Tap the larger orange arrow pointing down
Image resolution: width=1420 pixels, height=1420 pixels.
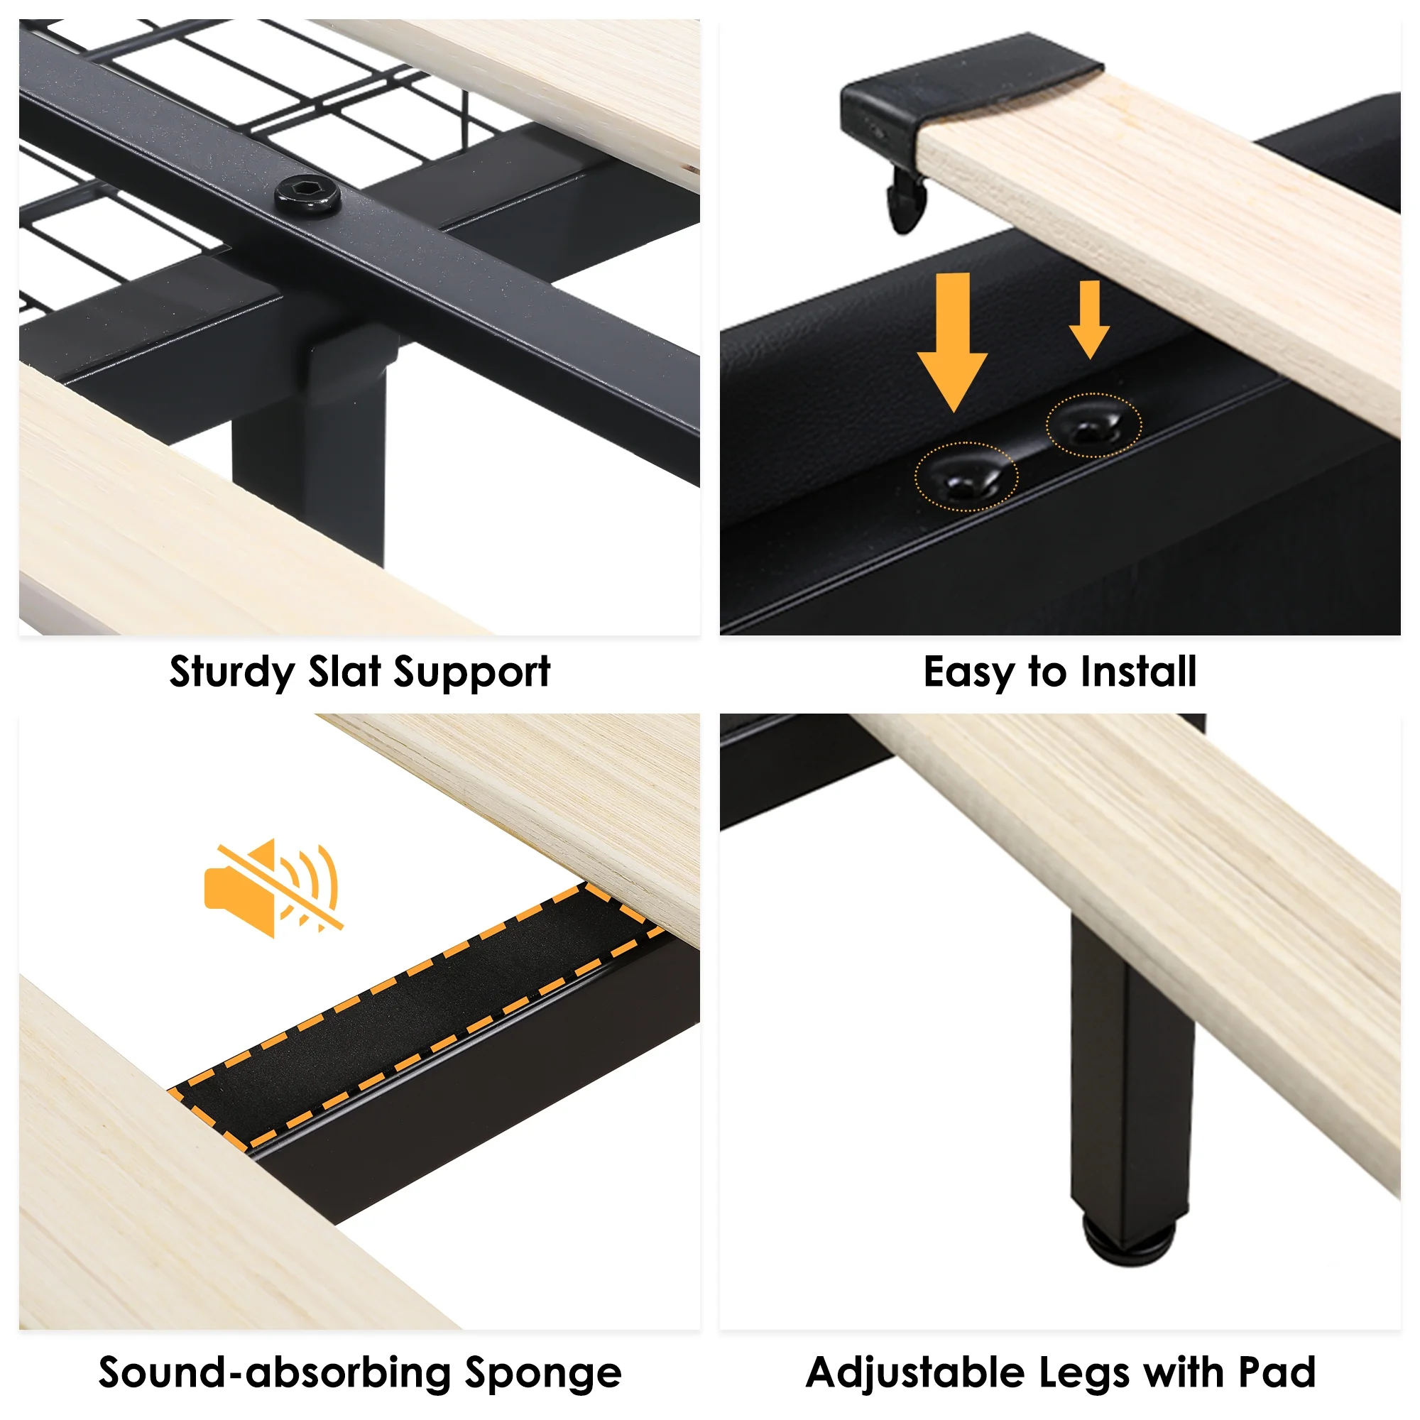tap(954, 342)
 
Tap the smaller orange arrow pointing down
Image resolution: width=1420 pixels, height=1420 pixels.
tap(1089, 319)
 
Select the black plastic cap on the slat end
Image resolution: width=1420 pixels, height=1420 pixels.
tap(963, 96)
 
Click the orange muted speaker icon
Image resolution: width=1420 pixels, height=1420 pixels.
tap(273, 888)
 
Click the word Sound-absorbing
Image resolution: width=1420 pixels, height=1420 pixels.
tap(275, 1372)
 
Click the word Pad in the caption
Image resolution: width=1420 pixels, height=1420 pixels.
tap(1277, 1372)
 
